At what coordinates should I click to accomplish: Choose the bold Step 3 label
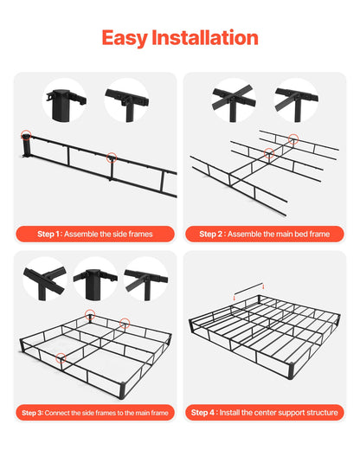pos(32,413)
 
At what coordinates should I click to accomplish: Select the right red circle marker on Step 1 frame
pos(111,157)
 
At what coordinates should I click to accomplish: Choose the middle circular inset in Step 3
pos(94,279)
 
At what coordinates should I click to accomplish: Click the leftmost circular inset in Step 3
pos(45,279)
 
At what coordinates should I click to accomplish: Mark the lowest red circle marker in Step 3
pos(61,355)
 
